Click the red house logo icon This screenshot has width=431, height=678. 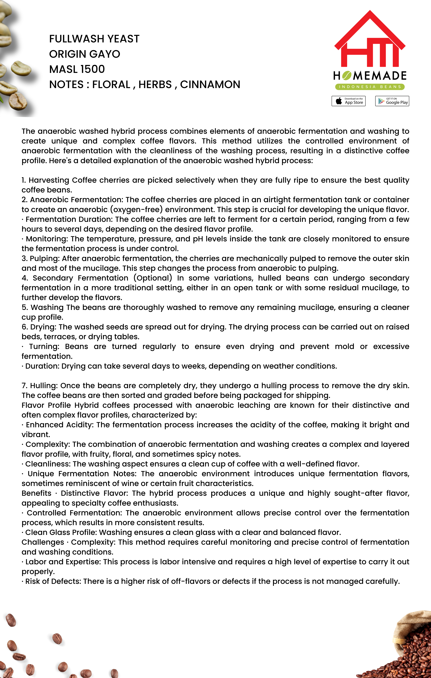tap(370, 39)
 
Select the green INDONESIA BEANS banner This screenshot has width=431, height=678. tap(370, 87)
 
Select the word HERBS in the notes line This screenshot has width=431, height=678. tap(155, 85)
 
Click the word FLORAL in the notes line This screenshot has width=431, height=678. tap(111, 85)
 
